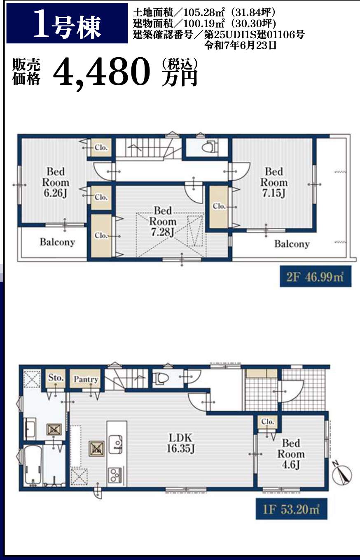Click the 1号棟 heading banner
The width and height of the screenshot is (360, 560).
click(67, 23)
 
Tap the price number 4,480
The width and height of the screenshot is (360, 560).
click(101, 72)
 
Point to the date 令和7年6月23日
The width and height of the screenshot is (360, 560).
click(240, 45)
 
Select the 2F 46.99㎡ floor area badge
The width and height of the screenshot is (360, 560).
click(316, 277)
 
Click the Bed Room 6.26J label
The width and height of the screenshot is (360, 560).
click(56, 182)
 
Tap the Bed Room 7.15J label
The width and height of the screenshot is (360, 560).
click(274, 182)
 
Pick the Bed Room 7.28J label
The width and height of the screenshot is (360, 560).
click(163, 222)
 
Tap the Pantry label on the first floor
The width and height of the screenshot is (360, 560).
click(86, 379)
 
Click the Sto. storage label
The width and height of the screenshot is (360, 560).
click(56, 378)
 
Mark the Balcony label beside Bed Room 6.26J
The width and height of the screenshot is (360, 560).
click(57, 242)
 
